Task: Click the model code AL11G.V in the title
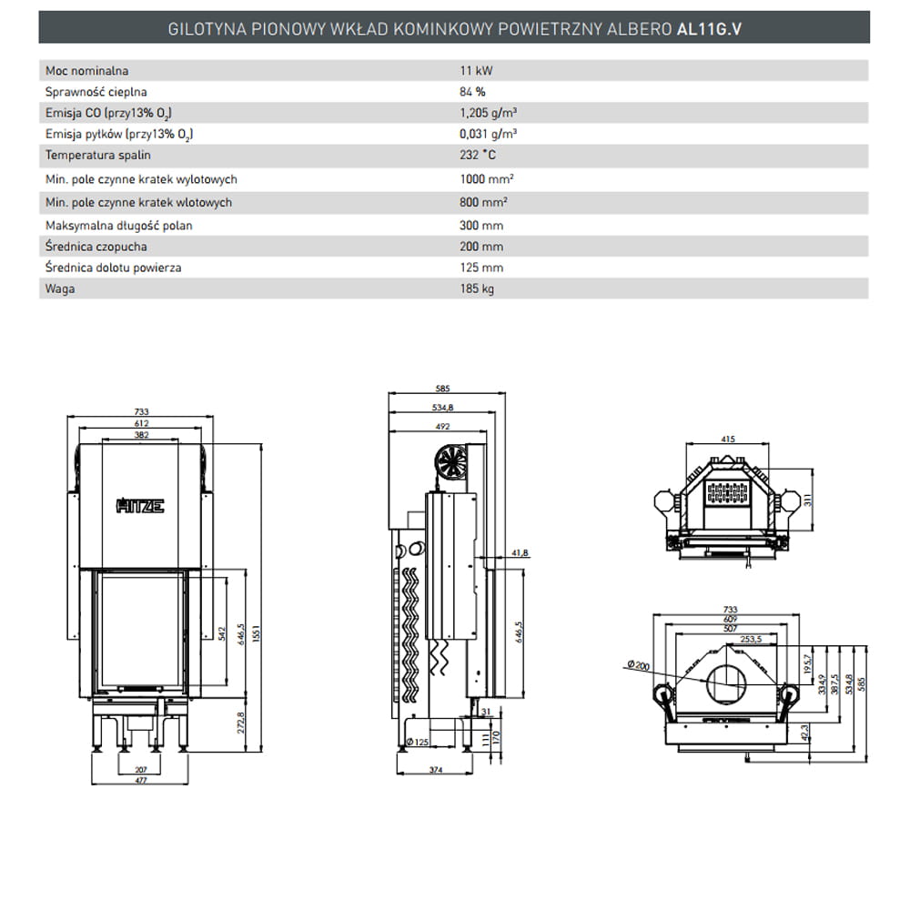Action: pos(710,28)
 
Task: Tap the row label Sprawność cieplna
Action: pos(96,92)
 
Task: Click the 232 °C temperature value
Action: pos(479,155)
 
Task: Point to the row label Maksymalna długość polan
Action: pos(118,225)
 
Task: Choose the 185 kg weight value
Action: pos(477,288)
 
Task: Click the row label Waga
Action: pos(59,288)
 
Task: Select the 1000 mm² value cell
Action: pos(483,179)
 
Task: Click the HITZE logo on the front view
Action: pos(140,506)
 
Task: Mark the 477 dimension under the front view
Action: pos(140,780)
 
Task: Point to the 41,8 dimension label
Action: pos(520,552)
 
